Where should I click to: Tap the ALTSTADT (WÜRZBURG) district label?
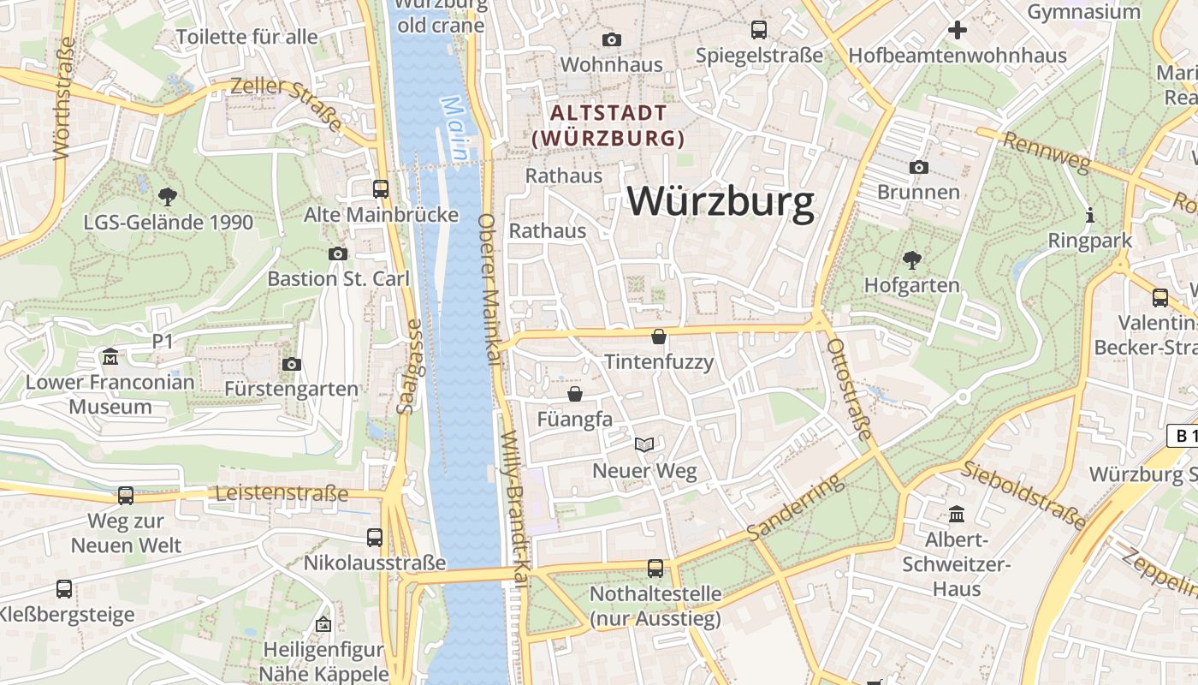tap(608, 125)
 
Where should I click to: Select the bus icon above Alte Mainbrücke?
tap(381, 189)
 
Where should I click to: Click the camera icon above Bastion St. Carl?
tap(338, 253)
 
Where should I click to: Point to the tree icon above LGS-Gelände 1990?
tap(168, 197)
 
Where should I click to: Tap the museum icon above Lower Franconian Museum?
tap(110, 357)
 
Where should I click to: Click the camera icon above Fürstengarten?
tap(292, 365)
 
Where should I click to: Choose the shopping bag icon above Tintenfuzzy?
tap(659, 337)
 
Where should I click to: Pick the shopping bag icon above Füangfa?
tap(575, 394)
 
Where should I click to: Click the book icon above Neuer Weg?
tap(644, 444)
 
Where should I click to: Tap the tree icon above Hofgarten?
tap(912, 259)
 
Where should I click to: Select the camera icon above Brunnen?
tap(919, 167)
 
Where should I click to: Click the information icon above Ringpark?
tap(1090, 216)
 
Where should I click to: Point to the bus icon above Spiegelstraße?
tap(759, 30)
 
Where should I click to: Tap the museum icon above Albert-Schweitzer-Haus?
tap(957, 515)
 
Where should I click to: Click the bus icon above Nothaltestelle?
tap(655, 568)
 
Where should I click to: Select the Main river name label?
tap(455, 128)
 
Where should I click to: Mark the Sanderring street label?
tap(795, 508)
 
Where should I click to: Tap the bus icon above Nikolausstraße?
tap(375, 538)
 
